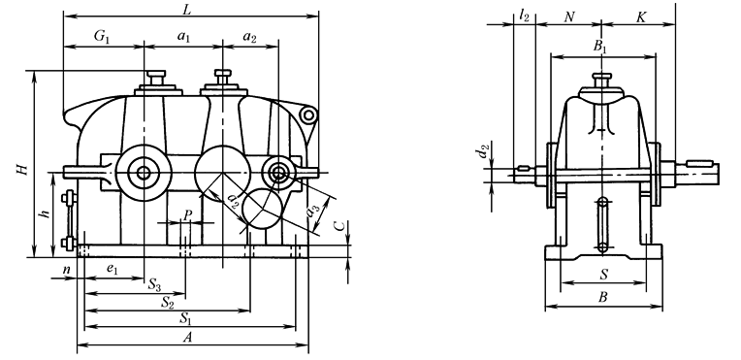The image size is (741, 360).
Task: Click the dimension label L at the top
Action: (186, 9)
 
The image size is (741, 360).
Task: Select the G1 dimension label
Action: (102, 37)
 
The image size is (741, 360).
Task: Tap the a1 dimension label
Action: (183, 38)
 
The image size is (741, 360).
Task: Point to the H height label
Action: (21, 169)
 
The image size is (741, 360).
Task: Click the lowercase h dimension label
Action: (45, 213)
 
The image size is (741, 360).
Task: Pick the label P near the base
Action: (187, 214)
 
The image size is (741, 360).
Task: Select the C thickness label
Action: (338, 227)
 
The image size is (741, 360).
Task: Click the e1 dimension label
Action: (112, 269)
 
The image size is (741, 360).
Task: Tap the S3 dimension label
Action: (155, 284)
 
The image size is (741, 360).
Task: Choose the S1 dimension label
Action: (185, 318)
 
